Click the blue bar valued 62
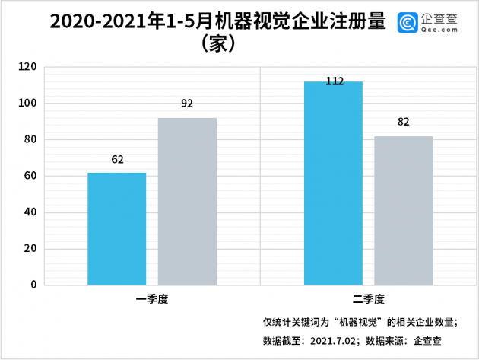pyautogui.click(x=116, y=228)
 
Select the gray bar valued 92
pyautogui.click(x=187, y=201)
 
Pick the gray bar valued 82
pyautogui.click(x=404, y=210)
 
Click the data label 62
pyautogui.click(x=117, y=160)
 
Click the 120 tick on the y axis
pyautogui.click(x=28, y=67)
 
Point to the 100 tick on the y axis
pyautogui.click(x=28, y=104)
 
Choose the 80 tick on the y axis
pyautogui.click(x=30, y=140)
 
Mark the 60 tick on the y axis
pyautogui.click(x=30, y=176)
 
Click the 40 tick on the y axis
pyautogui.click(x=30, y=212)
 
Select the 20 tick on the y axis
pyautogui.click(x=30, y=249)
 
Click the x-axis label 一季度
pyautogui.click(x=152, y=299)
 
